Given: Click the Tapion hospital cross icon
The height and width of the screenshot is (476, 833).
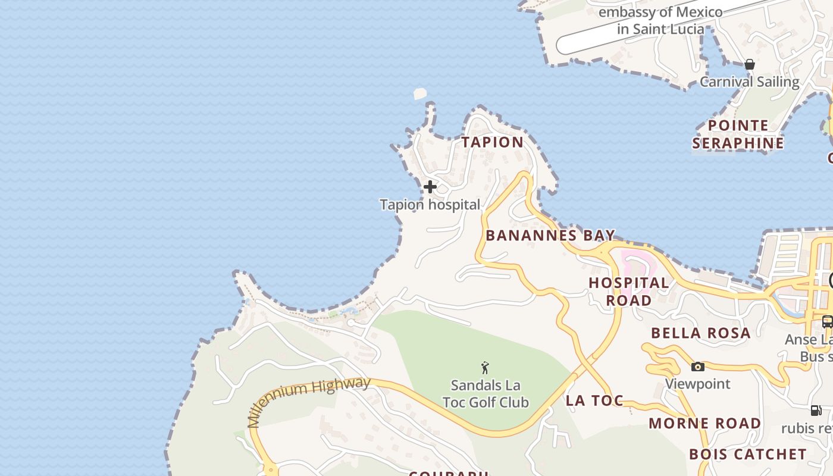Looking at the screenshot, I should (430, 187).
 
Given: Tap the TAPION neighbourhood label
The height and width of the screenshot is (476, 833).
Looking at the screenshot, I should (493, 142).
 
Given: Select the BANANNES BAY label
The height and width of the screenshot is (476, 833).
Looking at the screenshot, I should (550, 235).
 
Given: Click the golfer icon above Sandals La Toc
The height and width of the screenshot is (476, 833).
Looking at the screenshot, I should (485, 368).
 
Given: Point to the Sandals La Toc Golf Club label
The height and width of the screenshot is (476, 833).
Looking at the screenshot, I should (486, 394).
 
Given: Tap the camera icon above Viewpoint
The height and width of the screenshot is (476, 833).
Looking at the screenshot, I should (698, 367).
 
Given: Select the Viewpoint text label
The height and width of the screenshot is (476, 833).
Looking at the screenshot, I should (697, 384).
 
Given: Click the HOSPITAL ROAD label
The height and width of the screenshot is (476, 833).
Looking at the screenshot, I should (629, 292).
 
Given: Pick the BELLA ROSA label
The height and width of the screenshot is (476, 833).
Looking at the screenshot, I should (701, 333).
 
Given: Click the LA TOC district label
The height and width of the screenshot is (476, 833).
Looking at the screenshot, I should (594, 400).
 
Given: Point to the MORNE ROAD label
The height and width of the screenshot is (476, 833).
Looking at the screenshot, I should (704, 424).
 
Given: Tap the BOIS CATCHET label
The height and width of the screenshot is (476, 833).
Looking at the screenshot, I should (748, 455).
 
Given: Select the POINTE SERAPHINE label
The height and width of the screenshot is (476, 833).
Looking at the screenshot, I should (738, 134).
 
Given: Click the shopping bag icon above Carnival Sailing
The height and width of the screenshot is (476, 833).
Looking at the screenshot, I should (750, 64).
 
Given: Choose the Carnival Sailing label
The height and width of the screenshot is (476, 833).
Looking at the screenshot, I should (749, 82).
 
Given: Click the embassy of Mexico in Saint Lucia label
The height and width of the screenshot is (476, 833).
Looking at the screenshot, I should (660, 20).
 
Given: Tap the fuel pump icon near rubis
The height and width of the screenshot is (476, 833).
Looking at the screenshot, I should (816, 410).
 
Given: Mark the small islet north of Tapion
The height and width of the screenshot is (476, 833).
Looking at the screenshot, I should (420, 93).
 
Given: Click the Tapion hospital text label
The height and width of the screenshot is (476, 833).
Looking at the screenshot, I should (430, 205).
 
